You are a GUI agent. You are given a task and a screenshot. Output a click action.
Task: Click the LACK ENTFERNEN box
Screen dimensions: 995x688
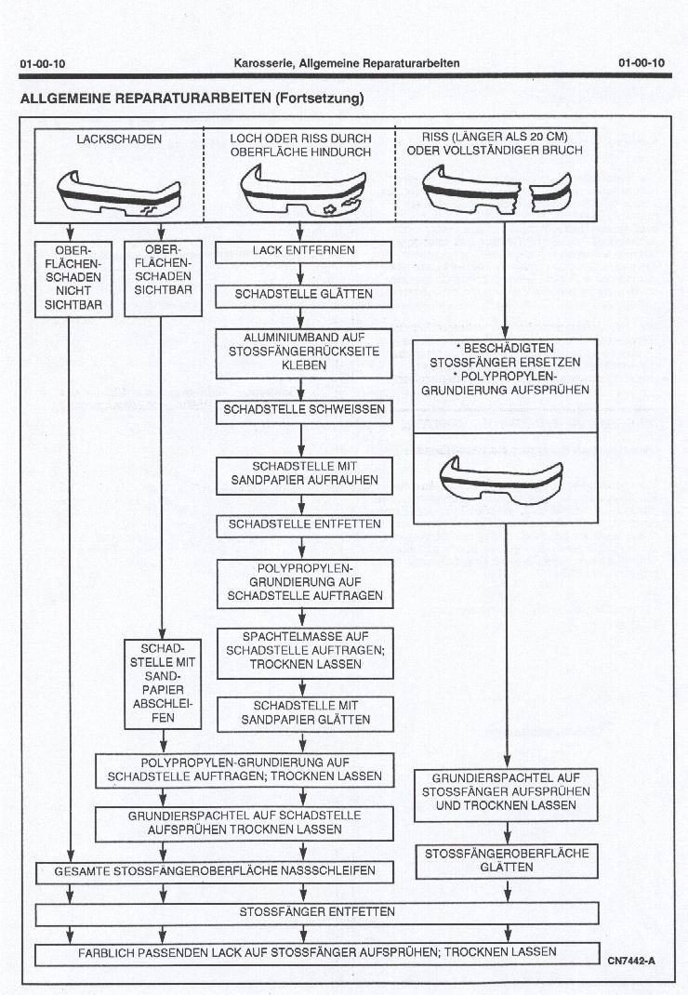(304, 251)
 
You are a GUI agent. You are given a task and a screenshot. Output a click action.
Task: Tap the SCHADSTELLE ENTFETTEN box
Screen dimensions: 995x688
(304, 524)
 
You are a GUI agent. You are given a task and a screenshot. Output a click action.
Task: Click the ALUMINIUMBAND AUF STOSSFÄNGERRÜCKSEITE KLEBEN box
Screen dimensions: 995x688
(304, 353)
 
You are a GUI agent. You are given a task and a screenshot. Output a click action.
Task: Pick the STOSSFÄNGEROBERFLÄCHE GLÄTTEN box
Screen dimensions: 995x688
(507, 860)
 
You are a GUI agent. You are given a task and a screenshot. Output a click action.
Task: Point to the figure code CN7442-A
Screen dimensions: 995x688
(631, 959)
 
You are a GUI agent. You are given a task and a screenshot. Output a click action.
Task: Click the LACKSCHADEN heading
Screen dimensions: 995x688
(118, 139)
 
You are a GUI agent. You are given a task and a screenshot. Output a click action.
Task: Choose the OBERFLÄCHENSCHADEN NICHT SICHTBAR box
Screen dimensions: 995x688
(73, 280)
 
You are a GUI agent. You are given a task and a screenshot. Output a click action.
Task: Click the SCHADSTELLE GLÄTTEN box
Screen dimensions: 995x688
(304, 295)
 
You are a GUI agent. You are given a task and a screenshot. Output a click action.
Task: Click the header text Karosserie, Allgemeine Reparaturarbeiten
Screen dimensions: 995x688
(346, 63)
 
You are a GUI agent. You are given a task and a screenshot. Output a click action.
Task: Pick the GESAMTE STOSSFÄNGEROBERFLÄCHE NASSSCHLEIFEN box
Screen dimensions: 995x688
(215, 872)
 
